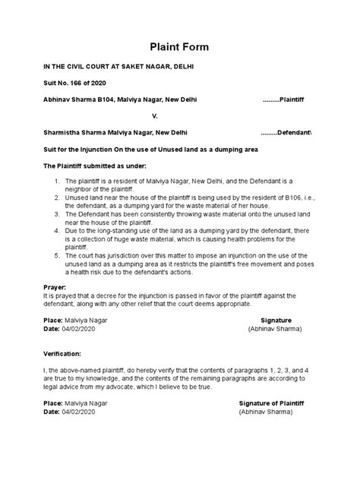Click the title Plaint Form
coord(179,47)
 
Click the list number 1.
coord(58,182)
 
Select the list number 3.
coord(58,214)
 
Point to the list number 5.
coord(58,256)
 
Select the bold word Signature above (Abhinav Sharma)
coord(276,321)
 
